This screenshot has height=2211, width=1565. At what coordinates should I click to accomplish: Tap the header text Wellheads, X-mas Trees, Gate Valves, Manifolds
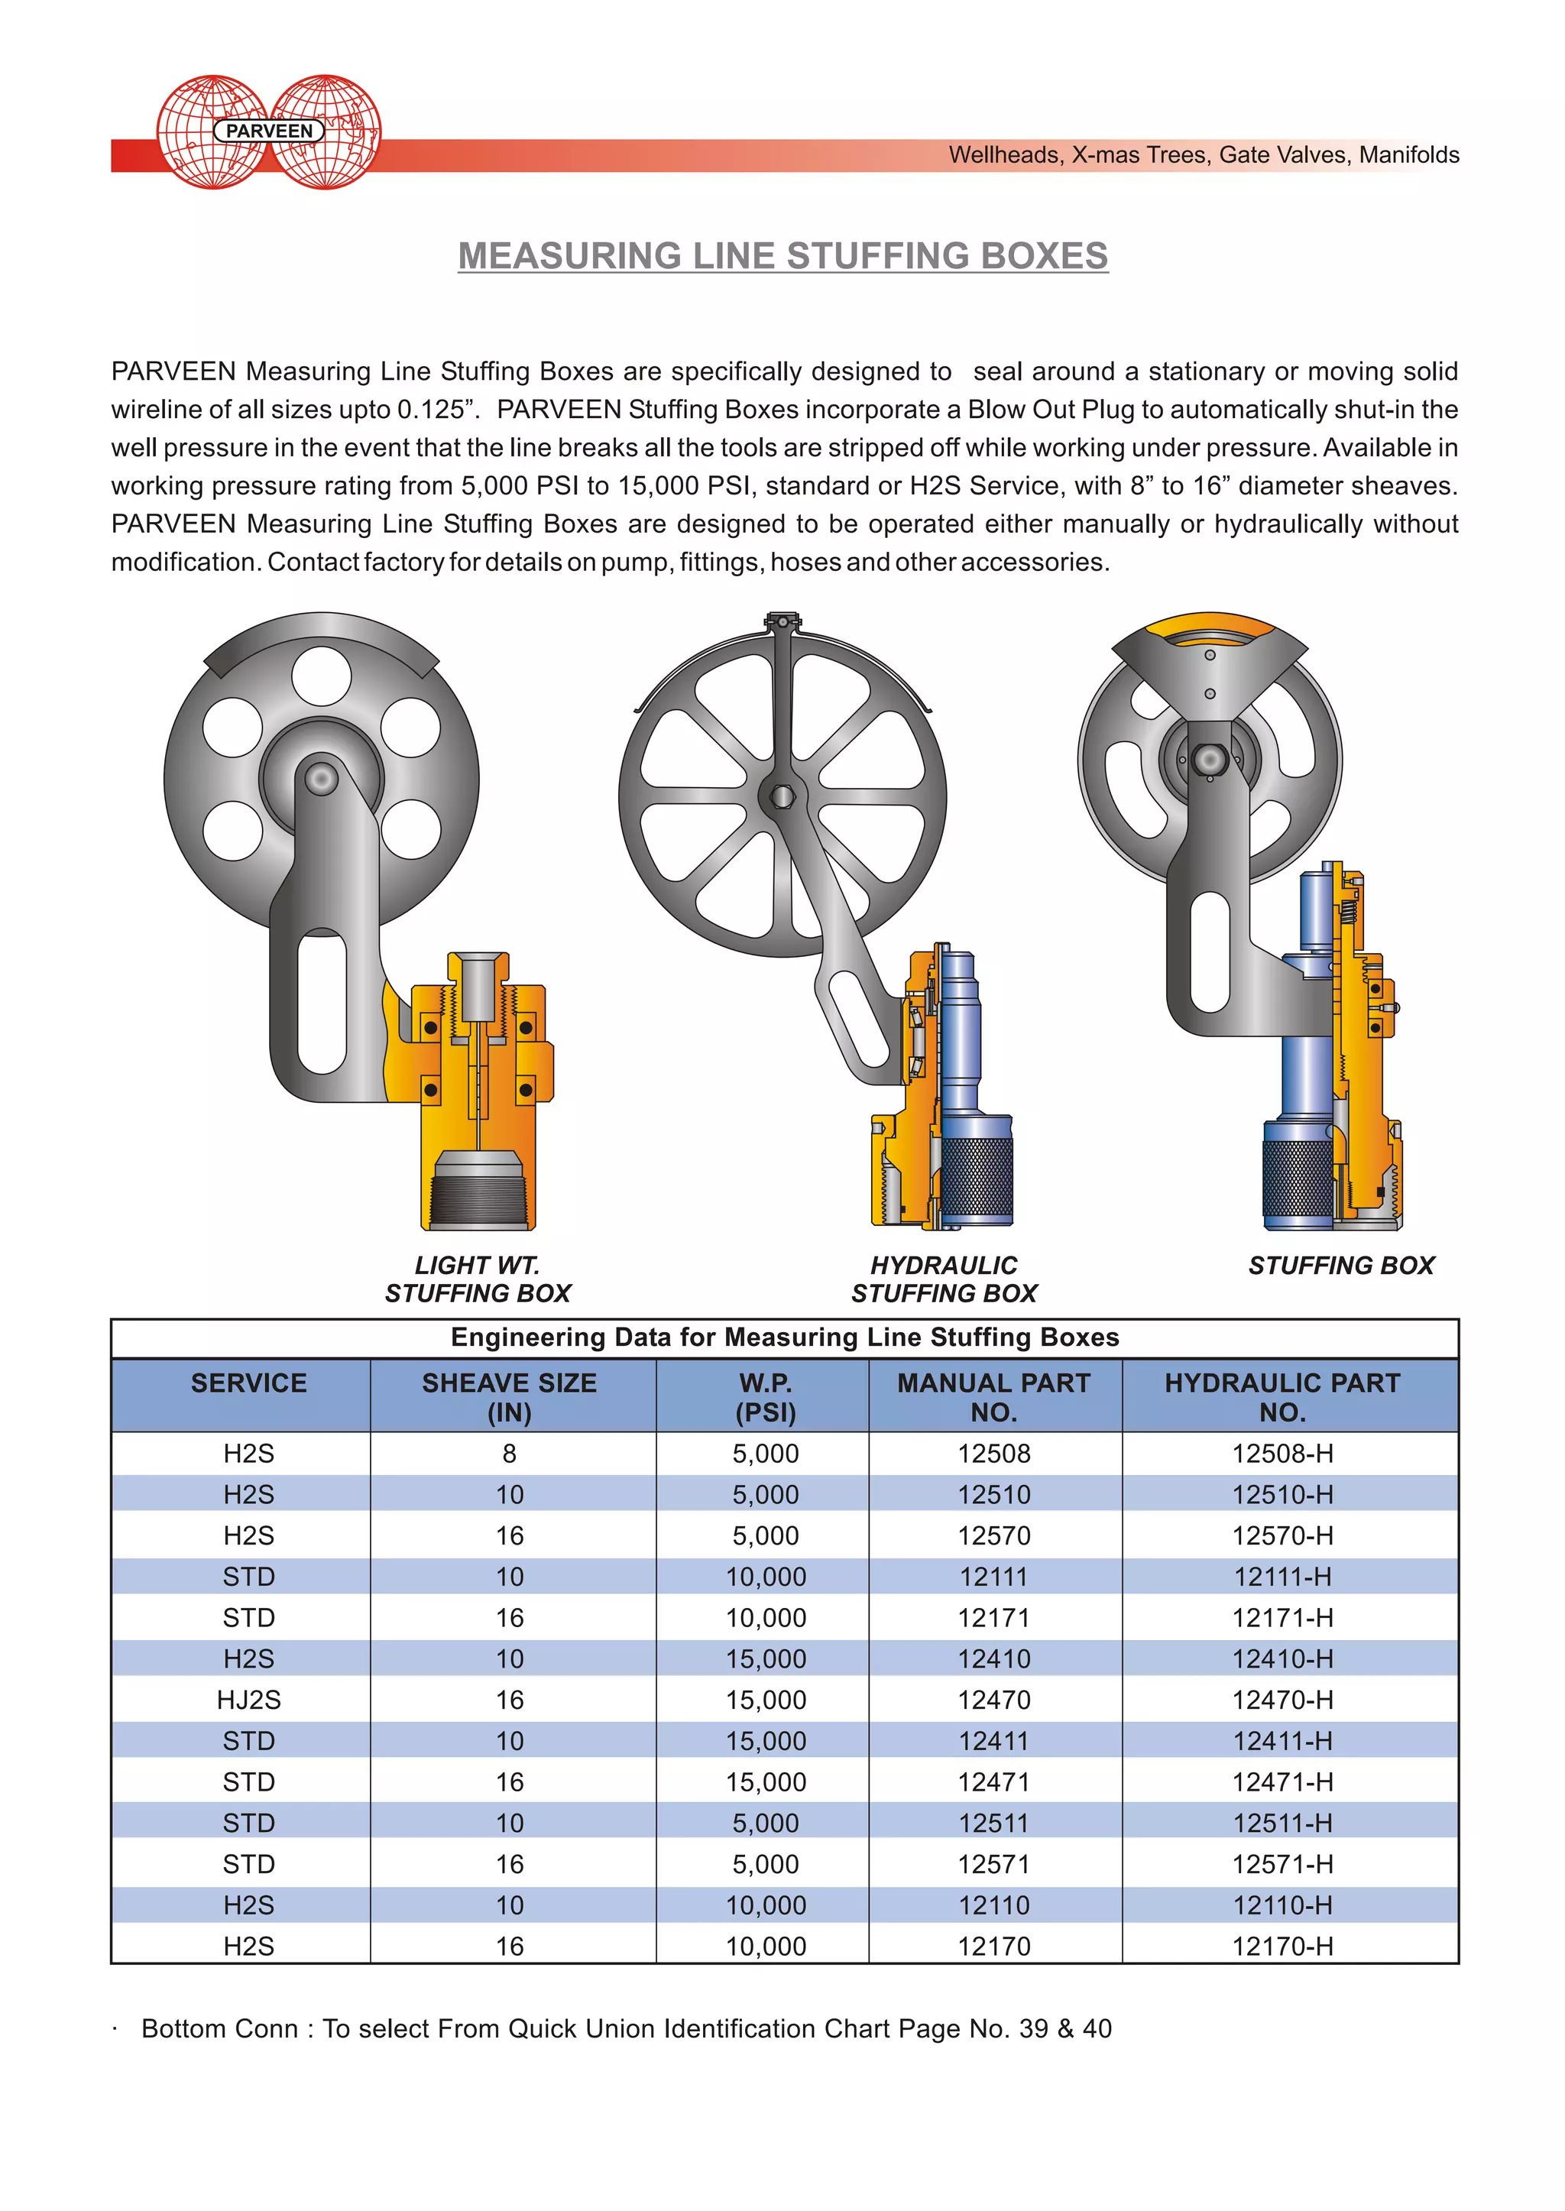(x=1203, y=155)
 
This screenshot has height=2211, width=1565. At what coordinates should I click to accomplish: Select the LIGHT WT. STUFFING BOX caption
(x=478, y=1279)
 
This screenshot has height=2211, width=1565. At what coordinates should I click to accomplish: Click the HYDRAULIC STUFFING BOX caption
(x=944, y=1279)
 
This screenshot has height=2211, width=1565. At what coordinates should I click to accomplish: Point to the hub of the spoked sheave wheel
(x=782, y=796)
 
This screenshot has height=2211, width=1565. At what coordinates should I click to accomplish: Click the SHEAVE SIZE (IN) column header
(x=510, y=1396)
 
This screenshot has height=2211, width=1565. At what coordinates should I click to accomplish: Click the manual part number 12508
(x=993, y=1454)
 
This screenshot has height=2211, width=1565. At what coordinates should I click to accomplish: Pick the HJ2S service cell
(x=248, y=1700)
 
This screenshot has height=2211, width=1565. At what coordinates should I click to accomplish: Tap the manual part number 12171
(x=993, y=1618)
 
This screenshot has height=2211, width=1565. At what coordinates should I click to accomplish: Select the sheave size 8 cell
(x=510, y=1454)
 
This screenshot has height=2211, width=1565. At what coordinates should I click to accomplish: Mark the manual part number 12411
(x=993, y=1742)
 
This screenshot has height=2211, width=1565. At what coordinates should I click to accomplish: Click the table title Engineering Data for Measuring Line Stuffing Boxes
(x=785, y=1337)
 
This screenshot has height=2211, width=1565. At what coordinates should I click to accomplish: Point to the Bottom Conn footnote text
(x=627, y=2029)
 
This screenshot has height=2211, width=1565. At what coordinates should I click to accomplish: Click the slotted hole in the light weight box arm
(x=322, y=1003)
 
